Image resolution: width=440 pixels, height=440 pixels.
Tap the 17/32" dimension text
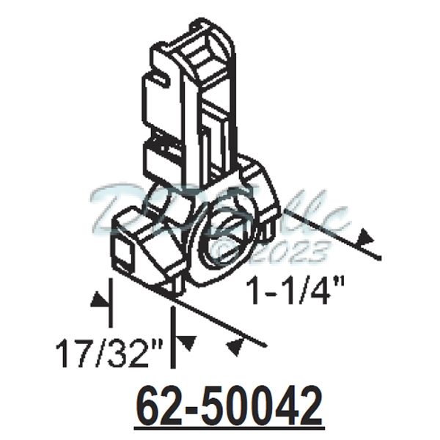(109, 356)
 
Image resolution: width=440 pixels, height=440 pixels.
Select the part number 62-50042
(229, 406)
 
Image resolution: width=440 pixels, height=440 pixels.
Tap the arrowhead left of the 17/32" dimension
(96, 301)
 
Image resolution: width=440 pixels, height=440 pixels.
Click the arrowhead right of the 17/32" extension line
(188, 342)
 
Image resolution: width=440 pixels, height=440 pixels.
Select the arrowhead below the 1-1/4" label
(236, 345)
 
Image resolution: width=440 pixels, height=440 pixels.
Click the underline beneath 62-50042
(229, 426)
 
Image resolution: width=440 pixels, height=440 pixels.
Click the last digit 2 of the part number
(310, 406)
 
